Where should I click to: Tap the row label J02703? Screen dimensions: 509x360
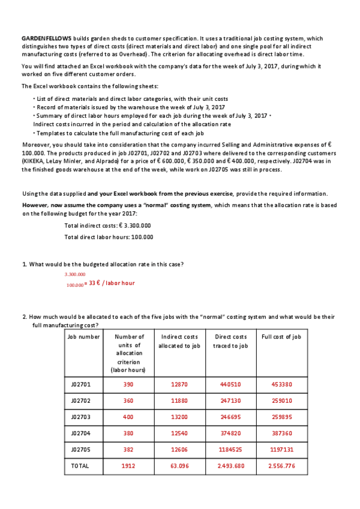click(80, 416)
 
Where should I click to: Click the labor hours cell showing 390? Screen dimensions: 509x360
click(128, 384)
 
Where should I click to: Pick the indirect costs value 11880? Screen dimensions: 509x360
click(179, 400)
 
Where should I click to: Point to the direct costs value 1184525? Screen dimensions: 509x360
click(230, 448)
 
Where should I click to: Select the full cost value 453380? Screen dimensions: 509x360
click(281, 384)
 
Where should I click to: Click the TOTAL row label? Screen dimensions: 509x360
click(80, 465)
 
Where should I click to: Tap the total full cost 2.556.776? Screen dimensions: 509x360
click(281, 465)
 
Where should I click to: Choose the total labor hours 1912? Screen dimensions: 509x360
click(128, 465)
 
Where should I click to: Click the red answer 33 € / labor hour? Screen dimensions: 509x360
click(112, 283)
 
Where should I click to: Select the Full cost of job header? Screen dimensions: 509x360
click(281, 337)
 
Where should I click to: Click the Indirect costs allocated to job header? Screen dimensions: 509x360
click(179, 341)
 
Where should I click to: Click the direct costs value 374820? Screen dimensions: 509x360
click(230, 432)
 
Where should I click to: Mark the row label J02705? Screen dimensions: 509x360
click(80, 448)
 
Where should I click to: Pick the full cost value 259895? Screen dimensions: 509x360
click(281, 416)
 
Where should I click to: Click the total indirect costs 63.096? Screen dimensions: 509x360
click(179, 465)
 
